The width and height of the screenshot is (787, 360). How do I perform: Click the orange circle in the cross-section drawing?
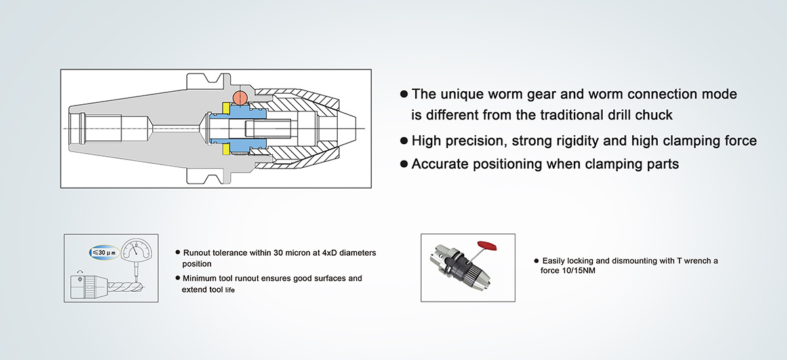[x=240, y=97]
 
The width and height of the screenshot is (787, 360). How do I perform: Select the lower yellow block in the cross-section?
[x=226, y=150]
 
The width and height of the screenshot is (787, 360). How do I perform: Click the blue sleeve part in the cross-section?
[x=238, y=129]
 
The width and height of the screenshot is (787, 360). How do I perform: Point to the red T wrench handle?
[x=487, y=245]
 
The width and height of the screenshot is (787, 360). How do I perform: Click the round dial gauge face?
[x=136, y=250]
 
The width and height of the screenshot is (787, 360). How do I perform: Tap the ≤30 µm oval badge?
[x=104, y=252]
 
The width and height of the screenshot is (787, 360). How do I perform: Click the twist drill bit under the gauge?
[x=126, y=287]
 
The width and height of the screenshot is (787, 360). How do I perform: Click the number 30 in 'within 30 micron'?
[x=278, y=253]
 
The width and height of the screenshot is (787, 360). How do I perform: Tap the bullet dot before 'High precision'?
[x=404, y=141]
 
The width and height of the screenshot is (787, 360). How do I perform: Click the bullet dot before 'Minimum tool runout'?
[x=178, y=278]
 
